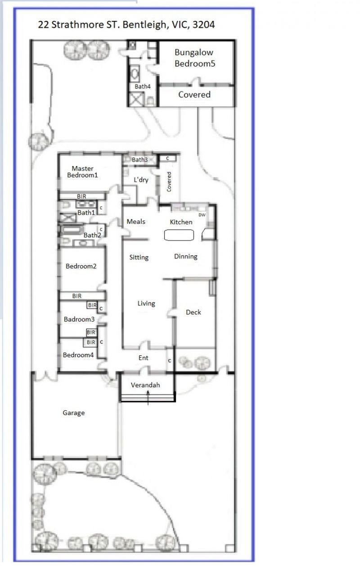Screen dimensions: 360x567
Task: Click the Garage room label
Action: pos(74,413)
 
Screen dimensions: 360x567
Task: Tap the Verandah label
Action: pos(145,385)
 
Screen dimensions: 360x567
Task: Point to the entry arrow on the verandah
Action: pos(148,398)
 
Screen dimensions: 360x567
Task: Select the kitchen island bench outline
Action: pos(179,235)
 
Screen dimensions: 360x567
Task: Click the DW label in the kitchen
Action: pos(202,215)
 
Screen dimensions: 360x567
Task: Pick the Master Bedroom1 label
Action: pos(82,172)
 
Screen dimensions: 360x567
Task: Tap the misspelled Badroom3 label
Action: pos(79,319)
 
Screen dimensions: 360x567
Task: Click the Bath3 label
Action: pos(139,160)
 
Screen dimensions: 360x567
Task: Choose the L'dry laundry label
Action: pos(141,180)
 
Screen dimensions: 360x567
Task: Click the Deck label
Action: pos(193,313)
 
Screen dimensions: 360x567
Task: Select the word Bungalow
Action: pos(194,53)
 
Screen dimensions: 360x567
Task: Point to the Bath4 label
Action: pos(143,86)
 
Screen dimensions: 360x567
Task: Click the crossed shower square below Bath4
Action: pos(136,99)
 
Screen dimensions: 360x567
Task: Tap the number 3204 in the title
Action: pos(204,25)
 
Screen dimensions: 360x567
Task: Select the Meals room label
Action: pos(136,222)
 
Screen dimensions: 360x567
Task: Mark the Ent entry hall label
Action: pos(144,358)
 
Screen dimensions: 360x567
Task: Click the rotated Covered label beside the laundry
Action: pos(169,182)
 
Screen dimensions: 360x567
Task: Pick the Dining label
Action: pos(186,257)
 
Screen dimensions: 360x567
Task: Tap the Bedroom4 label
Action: pos(78,355)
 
